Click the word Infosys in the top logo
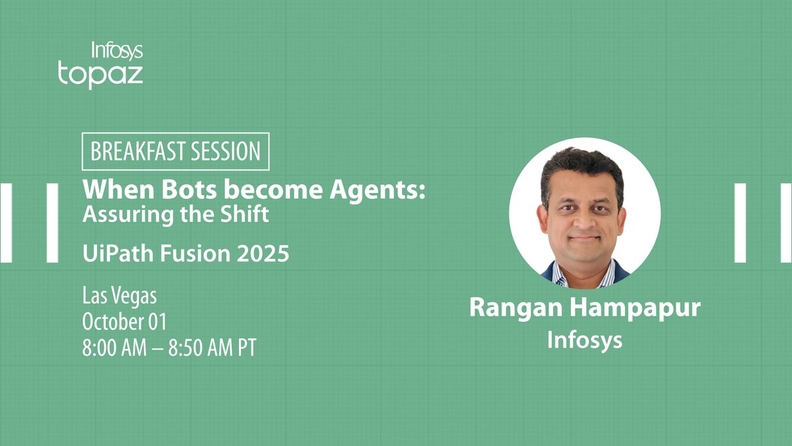[116, 51]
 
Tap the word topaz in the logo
[100, 74]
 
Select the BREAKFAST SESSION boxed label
[176, 151]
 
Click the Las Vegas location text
[119, 295]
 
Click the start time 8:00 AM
[121, 347]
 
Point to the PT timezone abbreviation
[247, 347]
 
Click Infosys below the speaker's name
[585, 340]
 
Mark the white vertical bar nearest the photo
[740, 223]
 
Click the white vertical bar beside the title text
[53, 223]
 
